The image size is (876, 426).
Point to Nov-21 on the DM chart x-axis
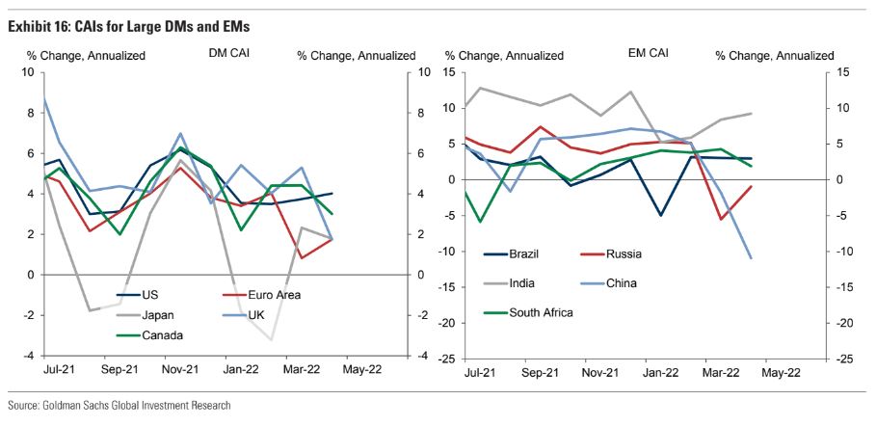(x=180, y=368)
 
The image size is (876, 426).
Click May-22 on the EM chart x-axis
(x=781, y=371)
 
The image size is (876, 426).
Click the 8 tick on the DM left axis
(x=29, y=113)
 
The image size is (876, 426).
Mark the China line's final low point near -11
(x=751, y=258)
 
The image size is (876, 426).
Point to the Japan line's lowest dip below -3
(x=272, y=339)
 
